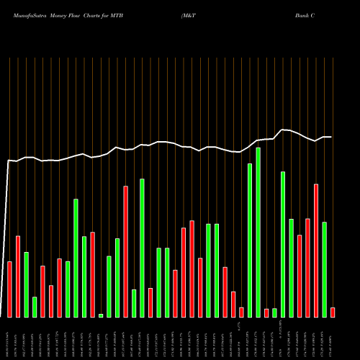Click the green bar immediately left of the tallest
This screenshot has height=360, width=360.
point(250,240)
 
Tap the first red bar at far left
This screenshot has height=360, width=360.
point(9,289)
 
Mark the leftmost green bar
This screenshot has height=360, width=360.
point(26,284)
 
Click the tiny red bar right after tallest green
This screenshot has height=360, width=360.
point(266,312)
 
